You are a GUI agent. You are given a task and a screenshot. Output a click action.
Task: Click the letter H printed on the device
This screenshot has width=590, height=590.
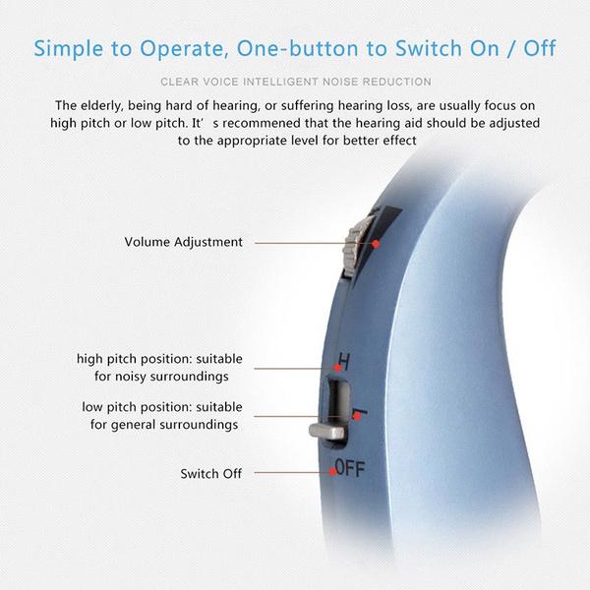(x=343, y=360)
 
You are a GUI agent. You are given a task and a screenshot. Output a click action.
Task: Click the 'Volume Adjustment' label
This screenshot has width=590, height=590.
(x=184, y=241)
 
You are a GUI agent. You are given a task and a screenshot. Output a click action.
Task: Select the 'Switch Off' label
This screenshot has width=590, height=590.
(x=211, y=473)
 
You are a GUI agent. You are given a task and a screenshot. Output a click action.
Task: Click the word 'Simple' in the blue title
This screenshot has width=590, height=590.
(x=72, y=47)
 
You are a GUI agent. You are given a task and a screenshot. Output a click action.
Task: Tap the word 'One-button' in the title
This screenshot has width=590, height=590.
(x=284, y=47)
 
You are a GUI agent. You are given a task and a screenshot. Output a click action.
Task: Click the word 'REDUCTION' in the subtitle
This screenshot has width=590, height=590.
(x=396, y=82)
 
